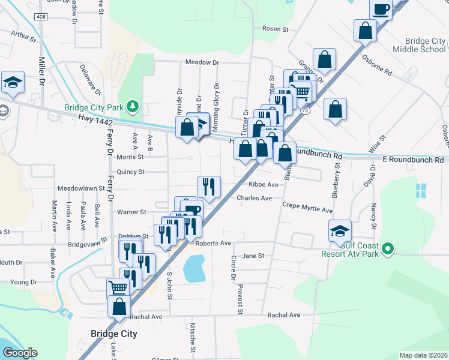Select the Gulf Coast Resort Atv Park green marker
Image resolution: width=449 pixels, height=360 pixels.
(388, 248)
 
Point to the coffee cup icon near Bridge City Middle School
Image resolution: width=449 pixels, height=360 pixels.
(382, 9)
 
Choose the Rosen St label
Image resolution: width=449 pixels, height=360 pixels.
(276, 29)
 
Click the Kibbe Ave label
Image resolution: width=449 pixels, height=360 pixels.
(264, 185)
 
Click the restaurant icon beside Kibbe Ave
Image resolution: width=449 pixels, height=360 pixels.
(209, 186)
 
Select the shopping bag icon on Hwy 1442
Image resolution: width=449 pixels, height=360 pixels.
(187, 127)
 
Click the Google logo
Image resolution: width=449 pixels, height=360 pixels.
(20, 353)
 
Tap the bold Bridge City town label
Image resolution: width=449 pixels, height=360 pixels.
(113, 334)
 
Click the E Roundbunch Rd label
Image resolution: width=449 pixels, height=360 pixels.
(412, 160)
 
